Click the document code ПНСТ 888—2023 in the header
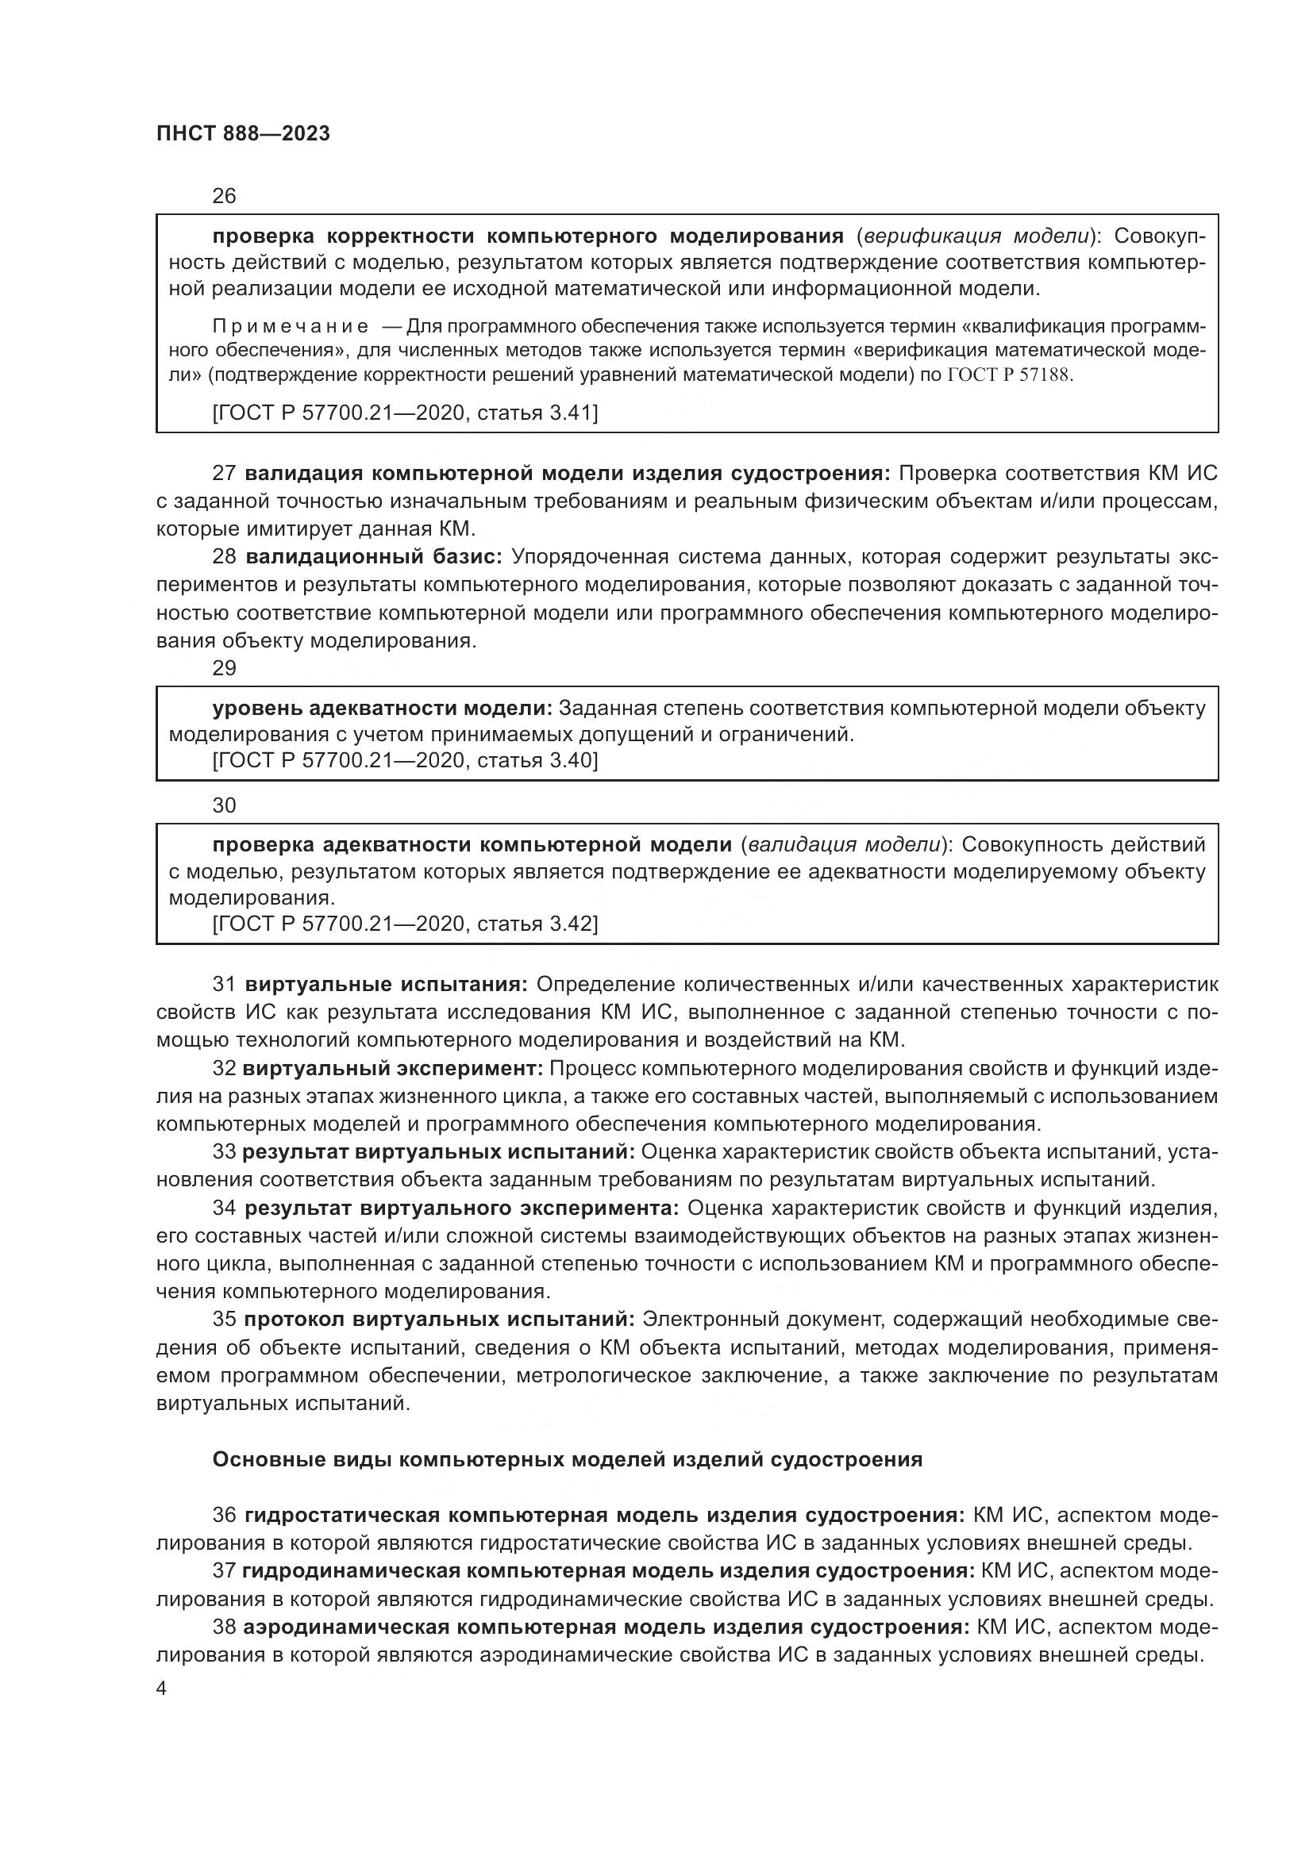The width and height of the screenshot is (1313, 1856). coord(244,134)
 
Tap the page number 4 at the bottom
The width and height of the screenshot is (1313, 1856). coord(162,1689)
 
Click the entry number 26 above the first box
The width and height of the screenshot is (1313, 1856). coord(224,196)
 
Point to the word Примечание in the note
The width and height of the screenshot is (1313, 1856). coord(291,327)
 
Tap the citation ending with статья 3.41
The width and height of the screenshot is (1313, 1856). coord(404,413)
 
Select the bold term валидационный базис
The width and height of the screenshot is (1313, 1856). coord(374,557)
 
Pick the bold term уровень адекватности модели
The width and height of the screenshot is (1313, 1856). coord(382,708)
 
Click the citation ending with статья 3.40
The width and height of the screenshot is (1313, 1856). coord(404,761)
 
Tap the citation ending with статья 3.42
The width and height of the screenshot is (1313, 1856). coord(404,923)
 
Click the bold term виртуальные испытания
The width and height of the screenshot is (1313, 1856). coord(386,985)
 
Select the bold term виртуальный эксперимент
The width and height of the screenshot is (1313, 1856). coord(392,1068)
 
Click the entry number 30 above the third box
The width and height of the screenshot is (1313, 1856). coord(224,805)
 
